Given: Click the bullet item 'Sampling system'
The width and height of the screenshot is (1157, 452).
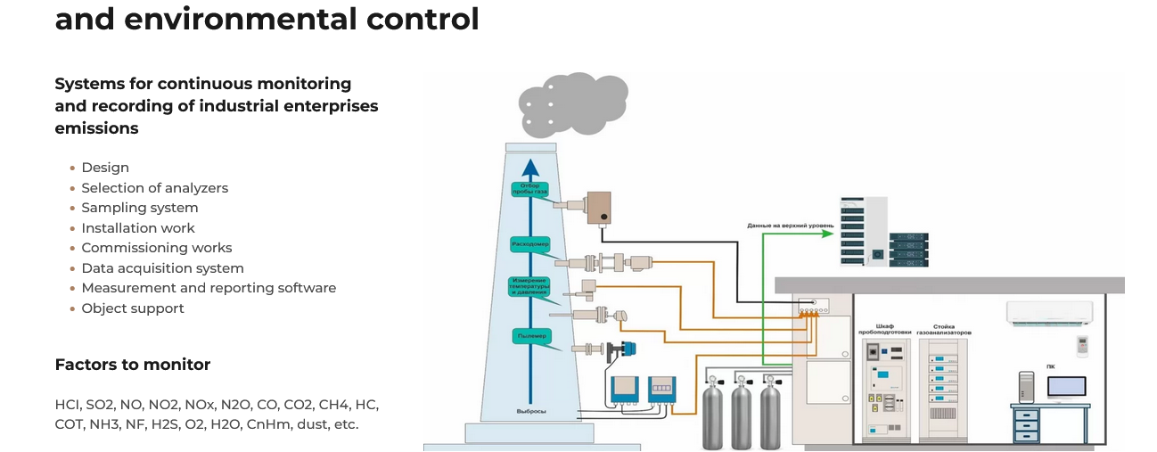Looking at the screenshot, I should (140, 208).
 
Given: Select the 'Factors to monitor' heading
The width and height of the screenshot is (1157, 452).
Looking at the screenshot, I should (133, 365).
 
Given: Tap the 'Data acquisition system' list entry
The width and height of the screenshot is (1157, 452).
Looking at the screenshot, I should (162, 268).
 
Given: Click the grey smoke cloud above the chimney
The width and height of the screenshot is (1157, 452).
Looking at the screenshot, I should (570, 105).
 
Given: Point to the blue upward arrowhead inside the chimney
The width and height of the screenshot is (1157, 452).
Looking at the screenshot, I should (530, 167).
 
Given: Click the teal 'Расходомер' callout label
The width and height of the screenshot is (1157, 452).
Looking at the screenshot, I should (530, 242).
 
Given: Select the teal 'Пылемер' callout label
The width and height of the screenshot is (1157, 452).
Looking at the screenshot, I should (529, 336).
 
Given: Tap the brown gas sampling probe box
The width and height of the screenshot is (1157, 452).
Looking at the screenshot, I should (598, 208).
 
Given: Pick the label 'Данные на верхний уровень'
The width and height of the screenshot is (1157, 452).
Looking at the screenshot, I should (790, 226).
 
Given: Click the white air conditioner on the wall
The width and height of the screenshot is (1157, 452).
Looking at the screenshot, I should (1049, 312).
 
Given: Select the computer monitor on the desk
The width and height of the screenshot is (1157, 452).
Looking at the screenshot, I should (1066, 387).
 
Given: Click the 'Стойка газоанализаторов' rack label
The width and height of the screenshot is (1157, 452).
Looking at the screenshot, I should (945, 330).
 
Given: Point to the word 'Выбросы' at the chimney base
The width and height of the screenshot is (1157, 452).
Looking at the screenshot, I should (530, 411).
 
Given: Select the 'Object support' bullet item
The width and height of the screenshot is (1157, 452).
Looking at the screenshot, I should (133, 308).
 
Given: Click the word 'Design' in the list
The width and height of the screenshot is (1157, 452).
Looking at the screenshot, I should (105, 168).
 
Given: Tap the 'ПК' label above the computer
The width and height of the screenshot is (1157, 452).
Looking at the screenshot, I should (1050, 366).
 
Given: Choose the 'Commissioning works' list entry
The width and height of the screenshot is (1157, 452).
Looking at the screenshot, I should (157, 248).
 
